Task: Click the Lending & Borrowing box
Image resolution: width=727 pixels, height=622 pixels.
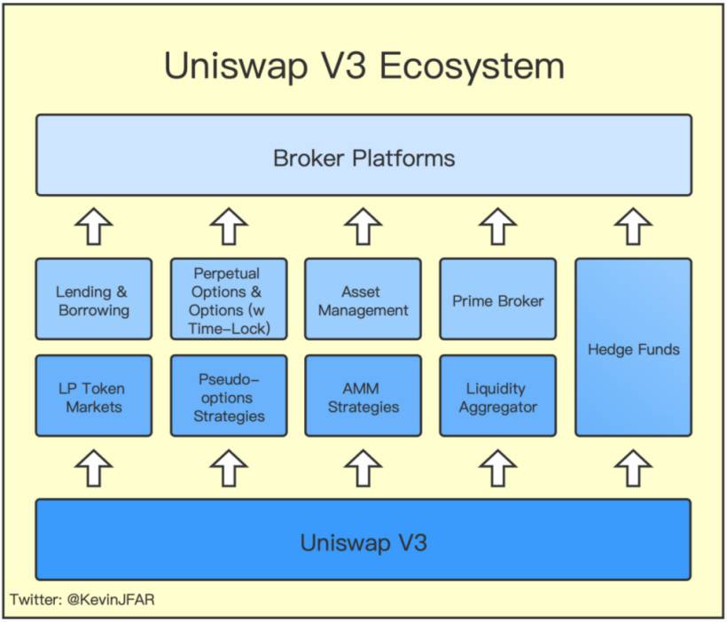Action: pyautogui.click(x=93, y=299)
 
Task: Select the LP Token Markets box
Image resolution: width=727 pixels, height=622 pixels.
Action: pyautogui.click(x=93, y=397)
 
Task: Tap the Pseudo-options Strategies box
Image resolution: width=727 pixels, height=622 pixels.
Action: pyautogui.click(x=228, y=397)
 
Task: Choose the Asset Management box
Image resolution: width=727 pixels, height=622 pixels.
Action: pyautogui.click(x=363, y=299)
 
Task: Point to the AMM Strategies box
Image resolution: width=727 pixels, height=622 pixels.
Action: pyautogui.click(x=363, y=397)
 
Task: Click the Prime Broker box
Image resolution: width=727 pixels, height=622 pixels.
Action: pyautogui.click(x=497, y=299)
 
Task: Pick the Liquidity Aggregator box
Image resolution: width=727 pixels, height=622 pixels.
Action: pyautogui.click(x=497, y=397)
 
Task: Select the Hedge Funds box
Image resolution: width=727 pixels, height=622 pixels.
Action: pyautogui.click(x=633, y=348)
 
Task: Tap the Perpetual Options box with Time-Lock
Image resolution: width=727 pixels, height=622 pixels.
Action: pyautogui.click(x=228, y=299)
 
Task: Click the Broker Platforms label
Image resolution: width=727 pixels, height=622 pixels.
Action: pyautogui.click(x=363, y=159)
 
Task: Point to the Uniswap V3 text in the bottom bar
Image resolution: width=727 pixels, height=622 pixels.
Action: pyautogui.click(x=363, y=541)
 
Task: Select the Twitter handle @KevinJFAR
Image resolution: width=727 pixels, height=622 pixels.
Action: pyautogui.click(x=113, y=600)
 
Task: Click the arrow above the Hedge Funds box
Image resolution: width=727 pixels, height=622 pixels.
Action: pyautogui.click(x=633, y=227)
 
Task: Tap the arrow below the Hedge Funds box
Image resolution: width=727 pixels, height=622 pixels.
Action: pyautogui.click(x=633, y=467)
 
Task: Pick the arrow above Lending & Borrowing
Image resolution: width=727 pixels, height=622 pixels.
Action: pyautogui.click(x=93, y=227)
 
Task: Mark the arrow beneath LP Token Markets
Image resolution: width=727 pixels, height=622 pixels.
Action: pyautogui.click(x=93, y=467)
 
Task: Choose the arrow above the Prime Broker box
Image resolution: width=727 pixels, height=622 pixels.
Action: pyautogui.click(x=497, y=227)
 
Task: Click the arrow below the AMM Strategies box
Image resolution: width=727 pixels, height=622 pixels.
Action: pyautogui.click(x=363, y=467)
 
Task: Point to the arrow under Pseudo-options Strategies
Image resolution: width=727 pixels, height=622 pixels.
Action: pyautogui.click(x=228, y=467)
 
